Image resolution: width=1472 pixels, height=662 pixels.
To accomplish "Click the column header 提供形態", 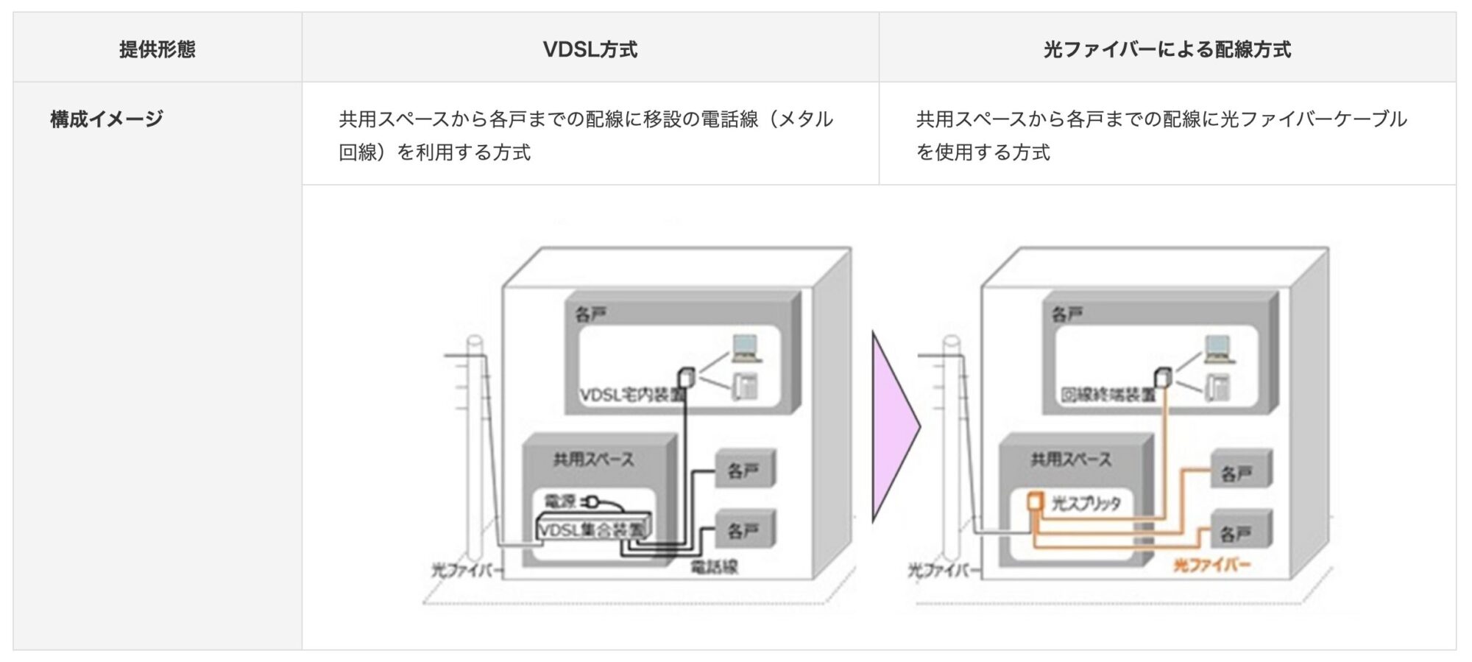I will (157, 49).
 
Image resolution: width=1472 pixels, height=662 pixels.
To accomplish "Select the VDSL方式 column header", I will (590, 49).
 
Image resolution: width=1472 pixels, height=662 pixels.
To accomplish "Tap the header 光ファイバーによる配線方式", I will (1167, 49).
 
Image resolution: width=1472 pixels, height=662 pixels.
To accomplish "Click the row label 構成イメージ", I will (106, 119).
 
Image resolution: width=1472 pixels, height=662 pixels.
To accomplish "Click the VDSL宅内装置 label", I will (631, 395).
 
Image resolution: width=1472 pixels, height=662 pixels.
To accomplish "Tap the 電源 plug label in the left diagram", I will (561, 502).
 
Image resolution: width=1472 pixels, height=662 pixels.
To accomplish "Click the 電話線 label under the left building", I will (713, 566).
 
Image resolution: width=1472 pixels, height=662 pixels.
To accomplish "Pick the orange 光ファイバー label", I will (1211, 566).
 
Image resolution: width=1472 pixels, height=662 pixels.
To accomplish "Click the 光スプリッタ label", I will (1086, 504).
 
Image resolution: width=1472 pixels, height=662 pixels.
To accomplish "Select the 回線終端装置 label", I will (1108, 395).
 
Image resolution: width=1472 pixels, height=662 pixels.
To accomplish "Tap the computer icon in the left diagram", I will (745, 348).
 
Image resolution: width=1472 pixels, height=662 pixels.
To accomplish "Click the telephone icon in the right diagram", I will (1218, 387).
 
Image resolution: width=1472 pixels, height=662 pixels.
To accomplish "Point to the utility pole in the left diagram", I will (475, 457).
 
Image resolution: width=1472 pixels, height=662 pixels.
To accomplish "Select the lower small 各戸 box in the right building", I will (1241, 532).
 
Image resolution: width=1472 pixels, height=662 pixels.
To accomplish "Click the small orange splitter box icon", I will (1035, 502).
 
